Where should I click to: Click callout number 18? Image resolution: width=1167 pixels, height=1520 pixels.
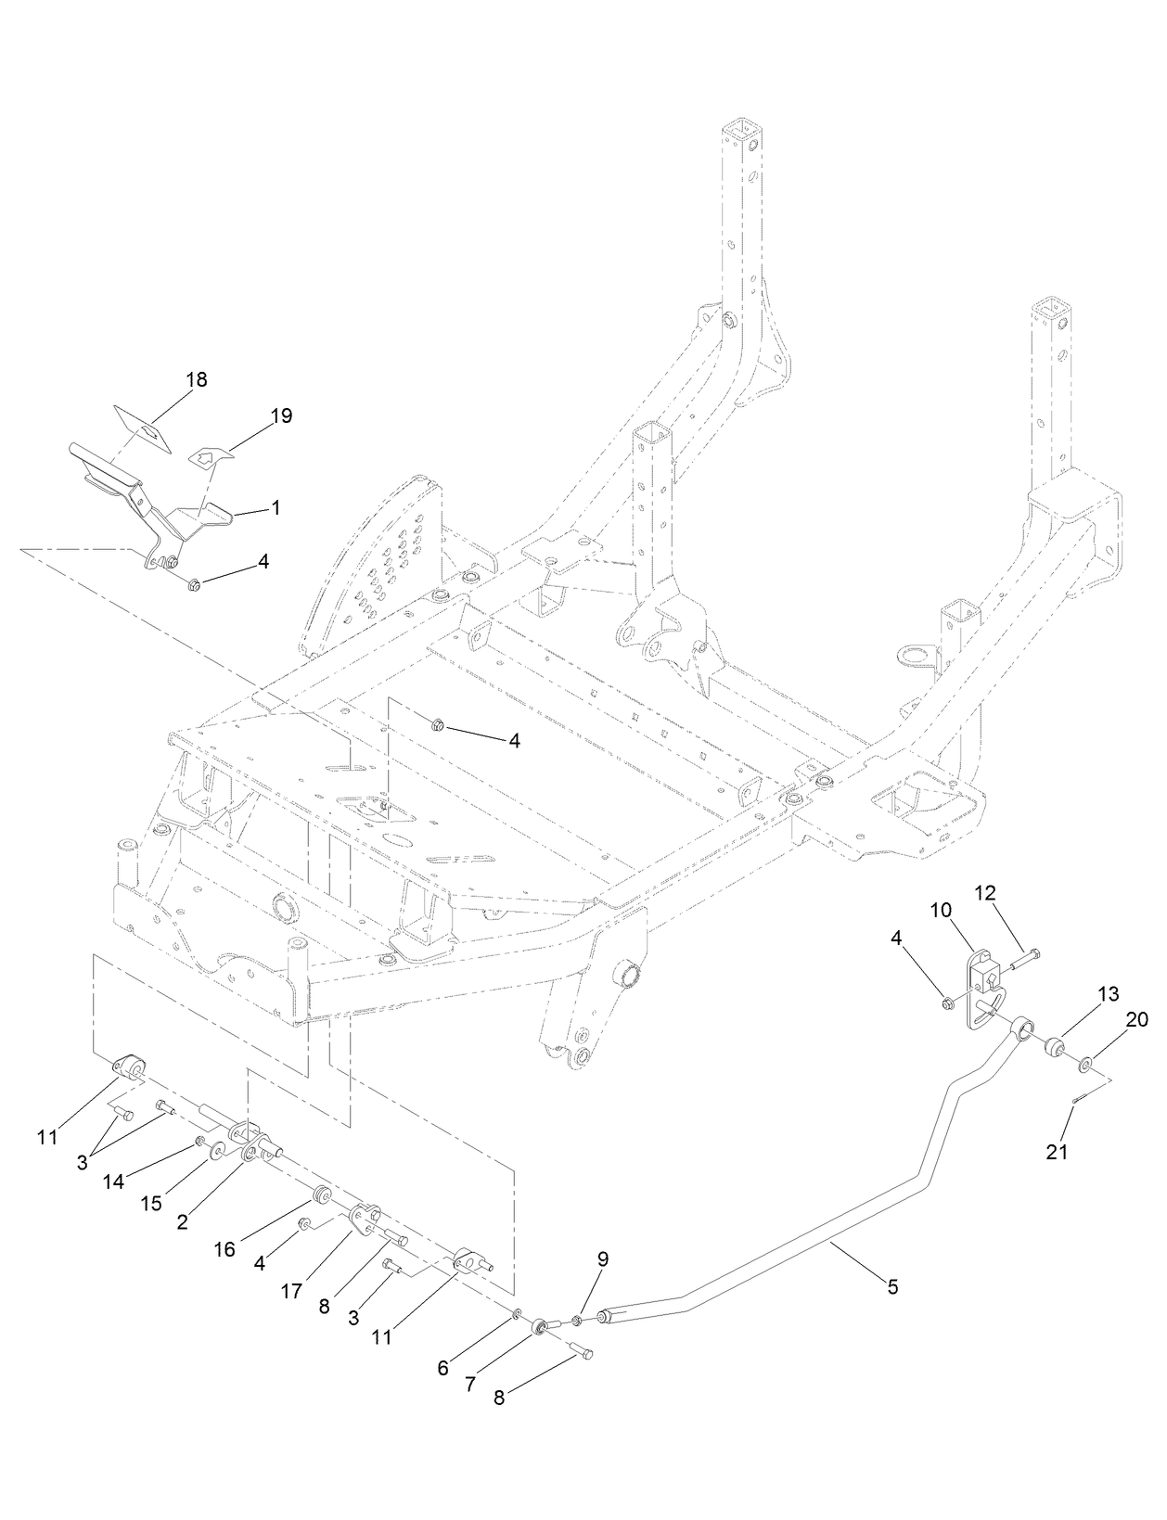click(x=196, y=379)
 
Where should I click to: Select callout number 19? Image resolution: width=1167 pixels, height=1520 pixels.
click(x=281, y=415)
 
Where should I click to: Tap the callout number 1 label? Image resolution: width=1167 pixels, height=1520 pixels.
click(x=276, y=508)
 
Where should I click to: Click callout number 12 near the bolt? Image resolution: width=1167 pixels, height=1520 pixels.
click(x=984, y=893)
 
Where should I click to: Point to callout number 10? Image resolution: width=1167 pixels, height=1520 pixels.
click(x=942, y=911)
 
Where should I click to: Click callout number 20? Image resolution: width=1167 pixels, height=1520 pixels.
click(x=1137, y=1019)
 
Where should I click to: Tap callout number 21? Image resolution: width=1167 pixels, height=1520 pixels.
click(x=1058, y=1153)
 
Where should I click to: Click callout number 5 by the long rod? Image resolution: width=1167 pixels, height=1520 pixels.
click(x=892, y=1287)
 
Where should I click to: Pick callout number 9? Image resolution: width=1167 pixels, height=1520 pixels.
click(x=603, y=1259)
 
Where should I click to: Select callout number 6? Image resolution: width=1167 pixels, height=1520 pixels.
click(x=443, y=1368)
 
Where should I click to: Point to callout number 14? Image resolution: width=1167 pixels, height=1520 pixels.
click(x=113, y=1182)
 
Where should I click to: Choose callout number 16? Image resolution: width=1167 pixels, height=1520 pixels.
click(x=224, y=1249)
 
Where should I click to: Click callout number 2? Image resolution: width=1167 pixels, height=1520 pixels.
click(x=182, y=1221)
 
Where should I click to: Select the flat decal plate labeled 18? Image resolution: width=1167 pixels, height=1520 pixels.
click(x=144, y=427)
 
